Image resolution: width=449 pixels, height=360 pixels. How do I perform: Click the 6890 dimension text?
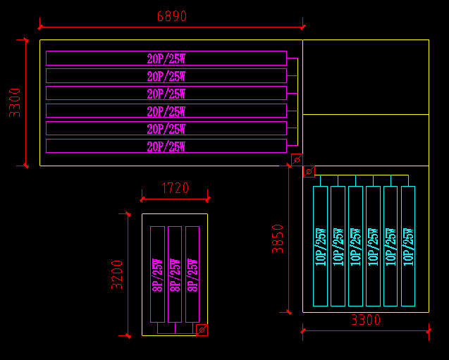point(171,16)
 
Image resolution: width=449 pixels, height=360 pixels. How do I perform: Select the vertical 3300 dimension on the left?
point(15,102)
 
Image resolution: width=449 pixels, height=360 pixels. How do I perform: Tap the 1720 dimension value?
point(175,188)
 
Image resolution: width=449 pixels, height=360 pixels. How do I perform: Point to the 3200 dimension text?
point(117,275)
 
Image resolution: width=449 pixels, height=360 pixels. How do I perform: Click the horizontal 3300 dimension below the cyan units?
point(366,321)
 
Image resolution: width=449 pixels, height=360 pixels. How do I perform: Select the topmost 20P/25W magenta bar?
point(166,58)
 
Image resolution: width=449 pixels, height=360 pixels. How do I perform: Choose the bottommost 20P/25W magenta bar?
point(166,146)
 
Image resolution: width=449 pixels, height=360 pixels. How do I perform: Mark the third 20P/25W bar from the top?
point(166,93)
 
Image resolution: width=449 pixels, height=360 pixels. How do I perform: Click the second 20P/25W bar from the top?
point(166,76)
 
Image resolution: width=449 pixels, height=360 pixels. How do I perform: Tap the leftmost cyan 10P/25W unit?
point(320,246)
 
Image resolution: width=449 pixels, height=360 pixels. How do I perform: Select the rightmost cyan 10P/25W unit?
point(408,246)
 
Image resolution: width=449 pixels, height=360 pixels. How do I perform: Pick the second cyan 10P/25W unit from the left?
point(338,246)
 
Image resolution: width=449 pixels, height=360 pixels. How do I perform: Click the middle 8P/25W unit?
point(175,275)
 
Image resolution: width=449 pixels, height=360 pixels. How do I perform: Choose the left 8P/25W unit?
point(158,275)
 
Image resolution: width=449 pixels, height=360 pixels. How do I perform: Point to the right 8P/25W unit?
point(192,275)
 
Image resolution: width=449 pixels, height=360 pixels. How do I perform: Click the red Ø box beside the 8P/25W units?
point(202,330)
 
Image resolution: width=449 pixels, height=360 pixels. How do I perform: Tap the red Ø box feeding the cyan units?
point(309,171)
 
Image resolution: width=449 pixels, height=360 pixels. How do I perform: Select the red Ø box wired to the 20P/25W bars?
point(297,159)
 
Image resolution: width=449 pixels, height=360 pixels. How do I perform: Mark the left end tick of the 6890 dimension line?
point(40,27)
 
